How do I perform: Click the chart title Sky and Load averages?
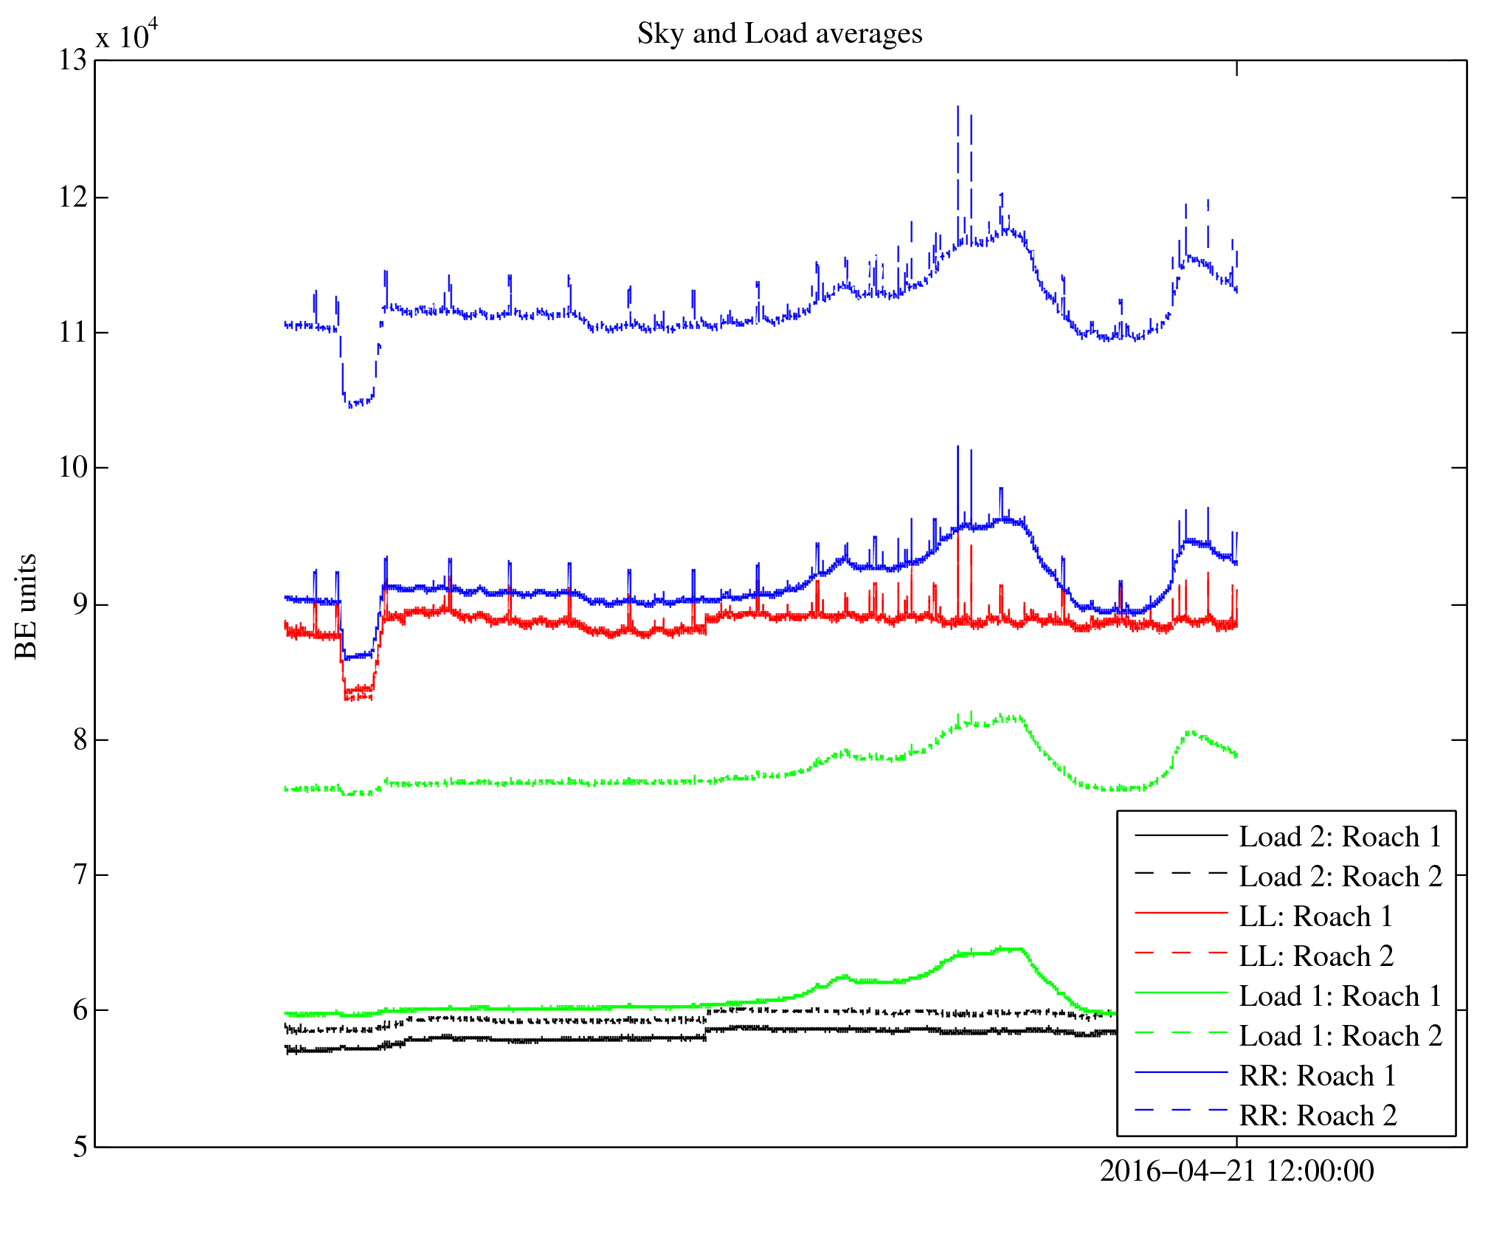coord(779,34)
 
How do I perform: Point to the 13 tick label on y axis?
coord(72,61)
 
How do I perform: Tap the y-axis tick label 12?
coord(72,197)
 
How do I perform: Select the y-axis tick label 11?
coord(72,333)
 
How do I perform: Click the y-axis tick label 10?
coord(72,468)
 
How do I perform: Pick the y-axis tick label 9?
coord(80,604)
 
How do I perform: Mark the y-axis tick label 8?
coord(80,739)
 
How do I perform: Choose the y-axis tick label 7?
coord(80,875)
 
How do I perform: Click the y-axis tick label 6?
coord(80,1010)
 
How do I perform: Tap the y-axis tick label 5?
coord(80,1147)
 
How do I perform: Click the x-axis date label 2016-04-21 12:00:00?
coord(1236,1172)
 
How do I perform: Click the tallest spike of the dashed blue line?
coord(958,108)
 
